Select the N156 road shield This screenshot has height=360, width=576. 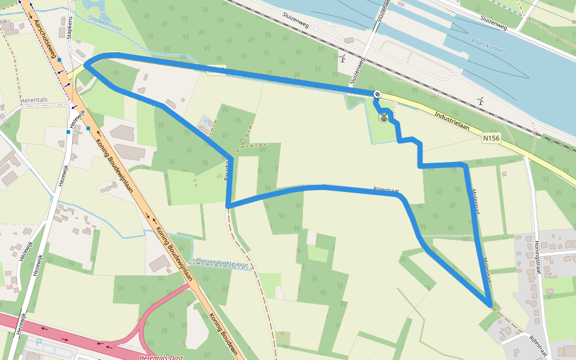pos(490,138)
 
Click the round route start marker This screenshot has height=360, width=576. pos(377,94)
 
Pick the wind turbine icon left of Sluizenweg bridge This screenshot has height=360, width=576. pos(343,59)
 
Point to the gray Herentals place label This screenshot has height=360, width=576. pos(38,100)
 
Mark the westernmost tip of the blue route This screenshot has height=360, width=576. pos(85,65)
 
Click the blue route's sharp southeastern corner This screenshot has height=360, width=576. pos(490,305)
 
